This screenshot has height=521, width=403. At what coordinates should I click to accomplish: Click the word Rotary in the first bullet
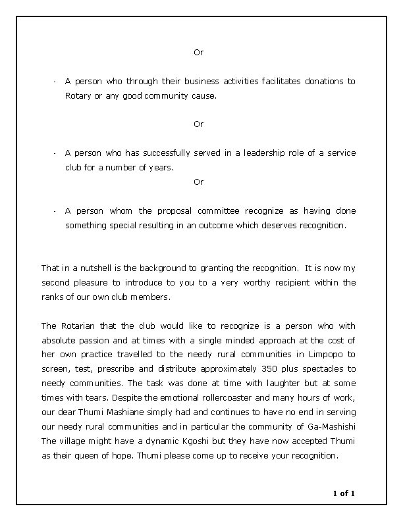[x=77, y=95]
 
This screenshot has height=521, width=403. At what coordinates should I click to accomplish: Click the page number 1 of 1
[x=344, y=493]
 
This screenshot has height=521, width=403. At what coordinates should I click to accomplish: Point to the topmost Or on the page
[x=198, y=53]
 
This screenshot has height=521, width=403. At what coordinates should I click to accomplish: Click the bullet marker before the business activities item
[x=53, y=82]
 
